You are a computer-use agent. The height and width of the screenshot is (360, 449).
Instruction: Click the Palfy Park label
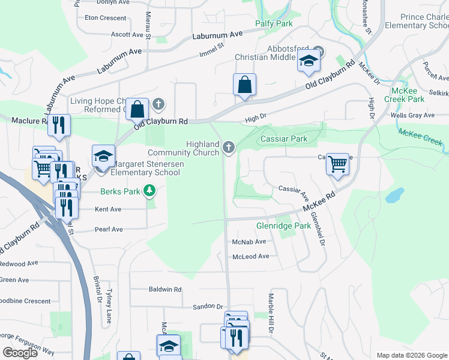[x=273, y=23]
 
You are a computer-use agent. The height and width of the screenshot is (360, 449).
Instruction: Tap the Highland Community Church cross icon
[x=228, y=147]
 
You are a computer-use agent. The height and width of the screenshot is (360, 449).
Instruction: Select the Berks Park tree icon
[x=149, y=191]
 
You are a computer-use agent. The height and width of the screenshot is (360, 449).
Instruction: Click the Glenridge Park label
[x=283, y=226]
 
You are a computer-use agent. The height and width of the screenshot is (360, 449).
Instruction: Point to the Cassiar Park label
[x=283, y=139]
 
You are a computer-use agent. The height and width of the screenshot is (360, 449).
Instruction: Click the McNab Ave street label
[x=249, y=241]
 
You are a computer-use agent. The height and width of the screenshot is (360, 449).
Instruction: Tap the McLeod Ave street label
[x=251, y=256]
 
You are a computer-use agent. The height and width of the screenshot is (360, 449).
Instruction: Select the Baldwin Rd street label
[x=164, y=289]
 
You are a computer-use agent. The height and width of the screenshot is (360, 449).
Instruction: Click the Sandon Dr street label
[x=208, y=306]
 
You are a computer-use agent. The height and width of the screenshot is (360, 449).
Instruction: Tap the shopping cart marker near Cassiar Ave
[x=338, y=163]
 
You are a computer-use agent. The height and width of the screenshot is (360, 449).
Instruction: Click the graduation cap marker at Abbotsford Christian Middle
[x=309, y=61]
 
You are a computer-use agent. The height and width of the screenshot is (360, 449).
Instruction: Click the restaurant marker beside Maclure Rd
[x=59, y=125]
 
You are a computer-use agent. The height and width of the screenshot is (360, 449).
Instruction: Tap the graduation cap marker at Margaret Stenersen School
[x=103, y=156]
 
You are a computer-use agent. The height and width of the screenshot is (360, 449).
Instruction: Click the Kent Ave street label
[x=108, y=209]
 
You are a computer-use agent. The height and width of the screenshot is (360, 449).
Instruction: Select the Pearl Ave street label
[x=109, y=229]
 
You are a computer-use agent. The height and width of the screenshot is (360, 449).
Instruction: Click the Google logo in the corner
[x=20, y=352]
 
